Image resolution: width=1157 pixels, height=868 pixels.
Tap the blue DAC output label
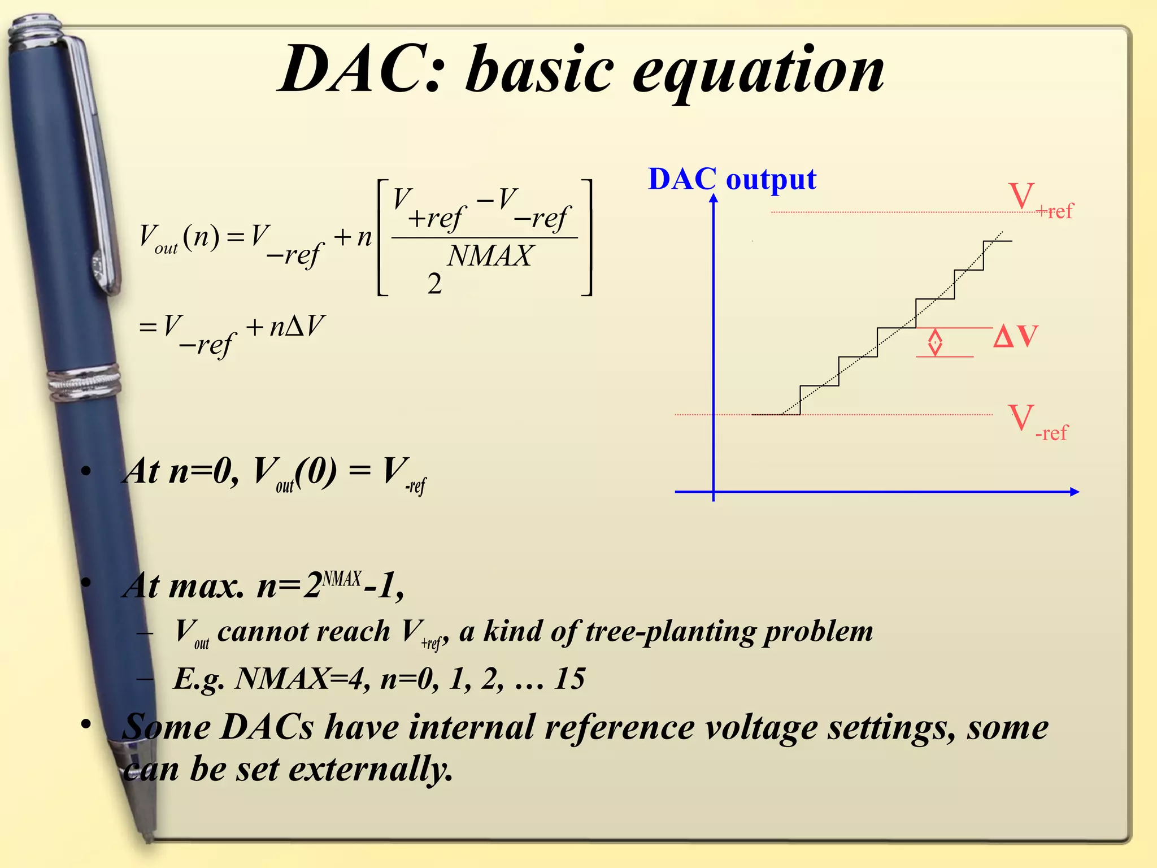(x=732, y=179)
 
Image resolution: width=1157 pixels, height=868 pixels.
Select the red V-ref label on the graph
(x=1037, y=422)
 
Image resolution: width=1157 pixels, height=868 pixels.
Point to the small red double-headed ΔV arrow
(x=935, y=342)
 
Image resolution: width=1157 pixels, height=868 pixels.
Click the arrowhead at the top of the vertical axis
(x=714, y=198)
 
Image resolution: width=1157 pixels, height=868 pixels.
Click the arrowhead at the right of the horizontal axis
(x=1075, y=492)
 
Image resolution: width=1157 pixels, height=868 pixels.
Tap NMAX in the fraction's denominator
(x=489, y=256)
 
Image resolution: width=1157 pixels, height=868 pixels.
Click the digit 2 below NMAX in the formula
(x=434, y=283)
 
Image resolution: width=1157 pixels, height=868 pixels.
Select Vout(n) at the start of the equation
(x=179, y=237)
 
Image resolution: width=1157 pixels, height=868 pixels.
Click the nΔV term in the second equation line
(x=296, y=326)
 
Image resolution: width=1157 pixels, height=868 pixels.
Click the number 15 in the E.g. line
(x=569, y=678)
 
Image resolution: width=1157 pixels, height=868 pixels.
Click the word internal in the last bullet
(x=471, y=727)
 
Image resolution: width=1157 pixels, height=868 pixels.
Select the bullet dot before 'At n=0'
(x=86, y=471)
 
